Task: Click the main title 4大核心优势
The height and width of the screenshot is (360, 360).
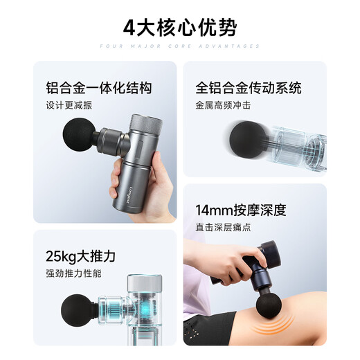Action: [x=179, y=28]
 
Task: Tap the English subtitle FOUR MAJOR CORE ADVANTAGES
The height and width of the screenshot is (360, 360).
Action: [x=179, y=46]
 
